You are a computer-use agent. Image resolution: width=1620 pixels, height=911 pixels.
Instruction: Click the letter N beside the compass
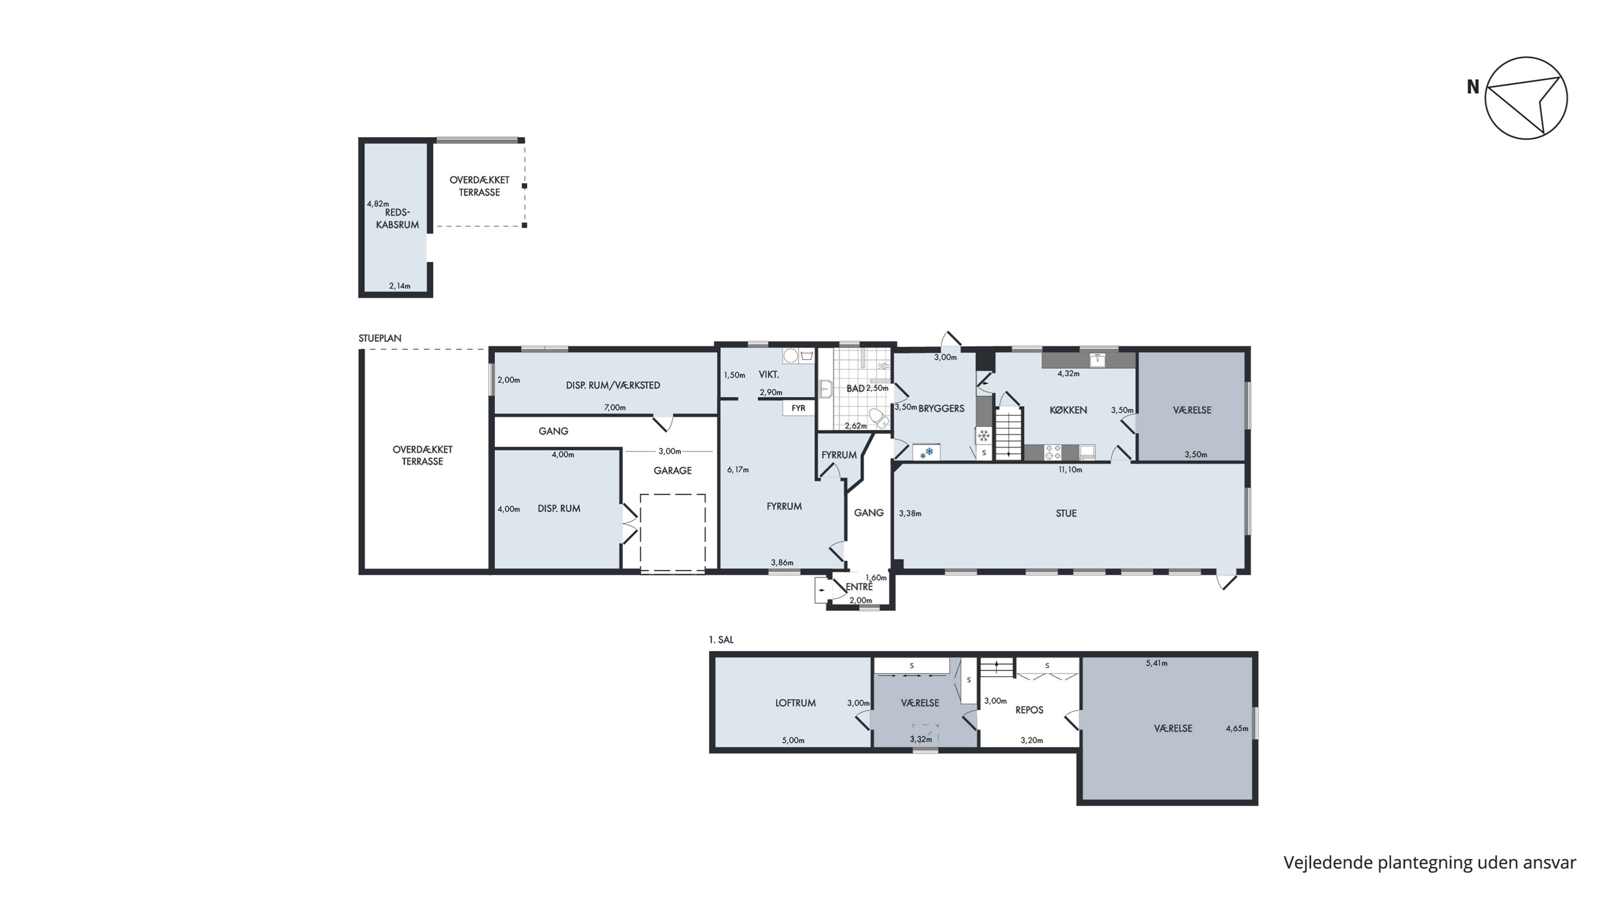pos(1473,87)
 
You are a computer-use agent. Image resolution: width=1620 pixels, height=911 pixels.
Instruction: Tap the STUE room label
pos(1066,513)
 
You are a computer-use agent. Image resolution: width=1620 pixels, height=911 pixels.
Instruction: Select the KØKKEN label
pos(1068,410)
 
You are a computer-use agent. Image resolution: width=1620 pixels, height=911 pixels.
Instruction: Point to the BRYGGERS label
pos(941,408)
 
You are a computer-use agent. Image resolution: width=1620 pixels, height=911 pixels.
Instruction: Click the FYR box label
pos(798,408)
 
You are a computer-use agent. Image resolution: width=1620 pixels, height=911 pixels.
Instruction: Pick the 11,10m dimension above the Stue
pos(1070,470)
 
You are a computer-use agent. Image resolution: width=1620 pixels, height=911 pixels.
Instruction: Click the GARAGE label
pos(672,470)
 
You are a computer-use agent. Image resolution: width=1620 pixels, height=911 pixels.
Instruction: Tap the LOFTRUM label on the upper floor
pos(795,703)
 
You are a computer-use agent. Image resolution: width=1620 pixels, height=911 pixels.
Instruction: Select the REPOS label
pos(1029,710)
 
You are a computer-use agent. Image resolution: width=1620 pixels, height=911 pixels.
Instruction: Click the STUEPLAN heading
pos(380,338)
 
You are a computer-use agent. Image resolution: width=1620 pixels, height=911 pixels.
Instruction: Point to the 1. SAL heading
pos(721,639)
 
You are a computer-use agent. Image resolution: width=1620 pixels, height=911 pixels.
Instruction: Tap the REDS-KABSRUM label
pos(397,218)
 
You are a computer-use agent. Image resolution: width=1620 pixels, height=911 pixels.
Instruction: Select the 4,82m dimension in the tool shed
pos(378,204)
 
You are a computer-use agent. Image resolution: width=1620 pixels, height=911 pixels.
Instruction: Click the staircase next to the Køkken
pos(1009,433)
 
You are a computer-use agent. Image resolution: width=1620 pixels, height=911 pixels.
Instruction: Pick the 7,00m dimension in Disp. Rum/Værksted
pos(615,407)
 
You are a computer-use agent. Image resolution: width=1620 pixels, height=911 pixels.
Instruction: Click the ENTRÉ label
pos(859,586)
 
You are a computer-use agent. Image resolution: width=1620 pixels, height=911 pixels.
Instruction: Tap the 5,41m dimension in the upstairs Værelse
pos(1157,663)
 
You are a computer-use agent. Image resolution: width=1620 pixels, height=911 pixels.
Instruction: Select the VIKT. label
pos(769,375)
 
